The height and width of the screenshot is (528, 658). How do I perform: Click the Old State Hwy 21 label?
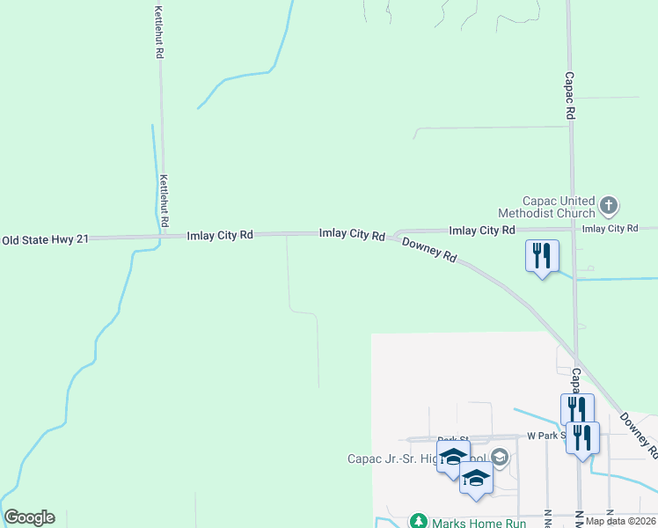[45, 239]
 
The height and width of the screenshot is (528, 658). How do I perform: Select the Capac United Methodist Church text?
[546, 207]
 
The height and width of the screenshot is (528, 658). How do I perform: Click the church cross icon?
[608, 208]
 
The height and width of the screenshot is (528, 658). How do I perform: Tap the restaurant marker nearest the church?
[541, 257]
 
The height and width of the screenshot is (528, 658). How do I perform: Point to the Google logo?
[29, 517]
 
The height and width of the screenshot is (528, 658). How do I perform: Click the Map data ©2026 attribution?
[621, 521]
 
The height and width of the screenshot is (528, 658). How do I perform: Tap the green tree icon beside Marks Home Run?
[419, 523]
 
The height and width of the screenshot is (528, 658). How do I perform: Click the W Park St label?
[544, 436]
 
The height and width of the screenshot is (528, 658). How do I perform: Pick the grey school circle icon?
[500, 457]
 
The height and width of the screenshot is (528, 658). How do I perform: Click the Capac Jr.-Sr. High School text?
[413, 458]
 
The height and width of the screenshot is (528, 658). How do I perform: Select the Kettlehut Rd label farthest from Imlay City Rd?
[159, 33]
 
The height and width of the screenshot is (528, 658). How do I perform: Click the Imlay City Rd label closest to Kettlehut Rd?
[220, 235]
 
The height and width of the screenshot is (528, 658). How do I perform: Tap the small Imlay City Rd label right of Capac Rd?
[610, 229]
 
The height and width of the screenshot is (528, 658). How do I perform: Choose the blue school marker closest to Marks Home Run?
[476, 479]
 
